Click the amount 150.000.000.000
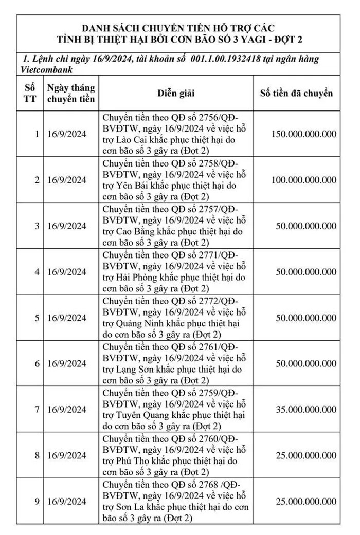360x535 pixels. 303,134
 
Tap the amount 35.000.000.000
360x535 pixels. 307,410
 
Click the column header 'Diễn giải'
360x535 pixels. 176,94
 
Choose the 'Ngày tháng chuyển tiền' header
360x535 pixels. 70,93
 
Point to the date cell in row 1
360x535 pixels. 67,134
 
